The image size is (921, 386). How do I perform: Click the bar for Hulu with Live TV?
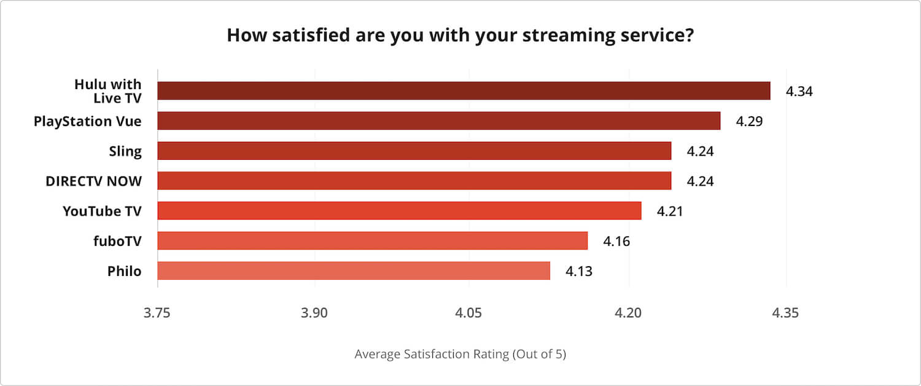pos(464,90)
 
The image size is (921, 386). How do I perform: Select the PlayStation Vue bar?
pos(438,121)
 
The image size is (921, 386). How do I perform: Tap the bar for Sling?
pos(414,151)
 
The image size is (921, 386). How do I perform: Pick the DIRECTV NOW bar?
pos(414,181)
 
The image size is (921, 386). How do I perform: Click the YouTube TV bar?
pos(399,211)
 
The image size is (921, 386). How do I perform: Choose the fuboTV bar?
pos(372,240)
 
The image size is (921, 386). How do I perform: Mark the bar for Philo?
pos(353,270)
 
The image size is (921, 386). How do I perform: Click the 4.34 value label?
pos(799,92)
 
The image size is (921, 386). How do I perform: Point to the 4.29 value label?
pos(749,121)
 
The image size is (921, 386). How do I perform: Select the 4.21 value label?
pos(670,211)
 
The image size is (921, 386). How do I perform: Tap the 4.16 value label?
pos(616,241)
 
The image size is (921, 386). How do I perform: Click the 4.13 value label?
pos(579,271)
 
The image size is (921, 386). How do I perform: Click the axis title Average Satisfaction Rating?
pos(460,355)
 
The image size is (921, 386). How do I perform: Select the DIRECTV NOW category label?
pos(93,181)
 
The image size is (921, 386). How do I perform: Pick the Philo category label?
pos(125,270)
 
